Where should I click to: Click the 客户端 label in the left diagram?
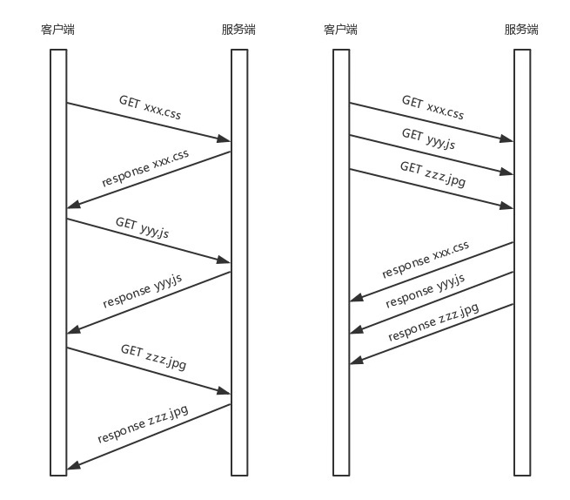(x=57, y=30)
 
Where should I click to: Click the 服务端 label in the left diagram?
(x=238, y=30)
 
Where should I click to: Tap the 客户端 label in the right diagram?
(x=340, y=30)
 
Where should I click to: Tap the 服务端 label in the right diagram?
(x=521, y=30)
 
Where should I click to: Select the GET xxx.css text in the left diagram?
(x=150, y=106)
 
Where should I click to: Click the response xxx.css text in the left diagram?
(x=145, y=168)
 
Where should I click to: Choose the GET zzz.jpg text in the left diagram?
(x=153, y=356)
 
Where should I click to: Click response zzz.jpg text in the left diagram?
(x=143, y=422)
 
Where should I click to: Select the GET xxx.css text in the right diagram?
(x=433, y=107)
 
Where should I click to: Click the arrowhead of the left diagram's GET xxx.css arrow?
(x=225, y=139)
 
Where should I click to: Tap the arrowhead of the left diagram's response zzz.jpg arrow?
(x=74, y=468)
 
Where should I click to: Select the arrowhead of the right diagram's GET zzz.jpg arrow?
(x=507, y=206)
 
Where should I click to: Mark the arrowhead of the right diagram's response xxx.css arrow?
(x=356, y=300)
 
